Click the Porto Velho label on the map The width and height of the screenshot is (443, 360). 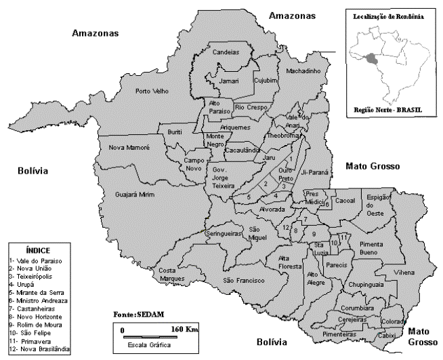pos(152,91)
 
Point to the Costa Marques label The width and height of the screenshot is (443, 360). pos(171,274)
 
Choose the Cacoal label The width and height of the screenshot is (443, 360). pos(345,201)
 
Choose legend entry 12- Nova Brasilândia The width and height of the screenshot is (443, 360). pos(39,349)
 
